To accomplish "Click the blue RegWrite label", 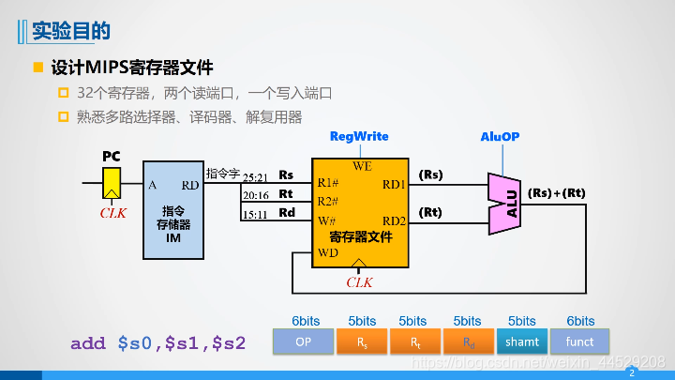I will (359, 137).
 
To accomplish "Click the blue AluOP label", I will (500, 137).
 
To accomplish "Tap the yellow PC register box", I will (112, 182).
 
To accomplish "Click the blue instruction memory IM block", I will (172, 210).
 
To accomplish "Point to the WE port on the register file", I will (362, 166).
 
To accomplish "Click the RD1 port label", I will (394, 184).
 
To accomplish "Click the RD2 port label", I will (394, 221).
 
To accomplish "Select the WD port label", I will (327, 252).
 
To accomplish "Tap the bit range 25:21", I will (255, 176).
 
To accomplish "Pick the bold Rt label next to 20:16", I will (287, 194).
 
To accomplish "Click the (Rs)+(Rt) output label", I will (556, 193).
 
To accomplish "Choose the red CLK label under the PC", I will (112, 213).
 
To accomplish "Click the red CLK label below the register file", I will (360, 281).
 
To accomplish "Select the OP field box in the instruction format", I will (303, 342).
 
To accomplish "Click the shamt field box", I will (522, 342).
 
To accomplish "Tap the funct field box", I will (580, 342).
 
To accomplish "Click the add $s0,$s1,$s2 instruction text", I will (157, 343).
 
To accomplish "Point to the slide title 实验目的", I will (71, 32).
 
